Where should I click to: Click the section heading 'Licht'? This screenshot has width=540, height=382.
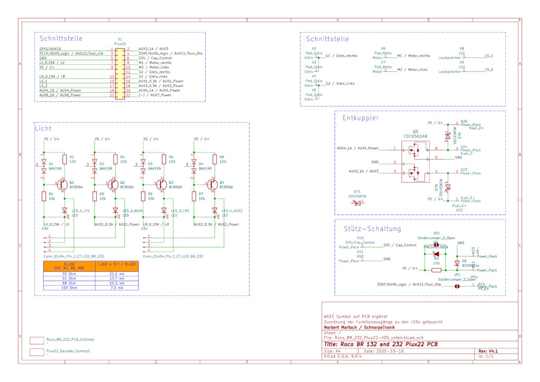tap(44, 128)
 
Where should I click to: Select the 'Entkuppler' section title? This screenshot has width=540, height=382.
tap(361, 118)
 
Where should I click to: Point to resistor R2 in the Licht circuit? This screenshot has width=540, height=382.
tap(64, 159)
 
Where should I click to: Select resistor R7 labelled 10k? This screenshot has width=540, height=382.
tap(194, 197)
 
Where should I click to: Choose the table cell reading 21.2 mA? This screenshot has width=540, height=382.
tap(117, 274)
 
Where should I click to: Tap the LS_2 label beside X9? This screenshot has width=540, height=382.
tap(488, 70)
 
